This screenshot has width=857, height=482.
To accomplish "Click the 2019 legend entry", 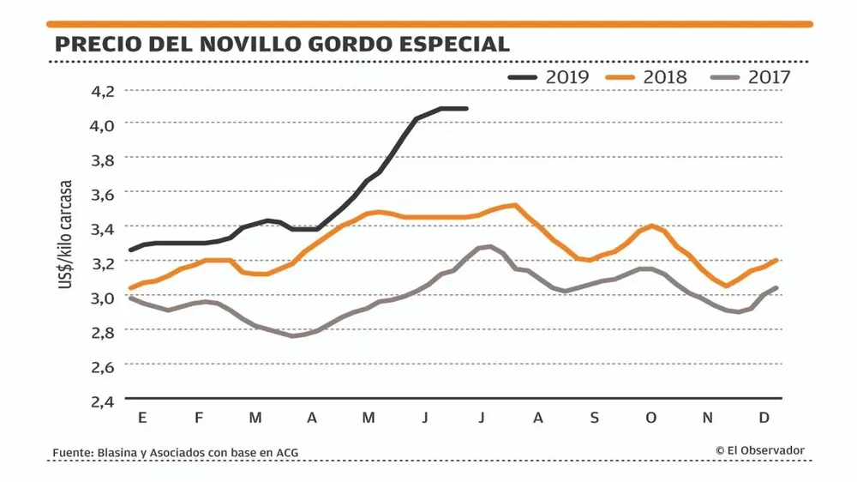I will (549, 77).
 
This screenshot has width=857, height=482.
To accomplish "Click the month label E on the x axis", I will (142, 418).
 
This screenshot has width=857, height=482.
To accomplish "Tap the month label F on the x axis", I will (199, 418).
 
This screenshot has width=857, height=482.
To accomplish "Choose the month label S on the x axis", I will (595, 418).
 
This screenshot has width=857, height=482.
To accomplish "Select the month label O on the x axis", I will (651, 418).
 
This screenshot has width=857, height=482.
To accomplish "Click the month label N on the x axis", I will (708, 418).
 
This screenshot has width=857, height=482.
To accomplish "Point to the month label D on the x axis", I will (764, 418).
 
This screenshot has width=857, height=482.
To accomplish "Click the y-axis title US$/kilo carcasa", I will (66, 233).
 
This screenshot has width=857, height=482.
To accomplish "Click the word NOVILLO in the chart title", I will (243, 44).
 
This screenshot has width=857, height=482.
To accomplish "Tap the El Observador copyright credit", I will (760, 450).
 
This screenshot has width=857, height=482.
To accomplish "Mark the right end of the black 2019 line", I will (466, 109).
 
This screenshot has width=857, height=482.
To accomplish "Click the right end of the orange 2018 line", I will (776, 260).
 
